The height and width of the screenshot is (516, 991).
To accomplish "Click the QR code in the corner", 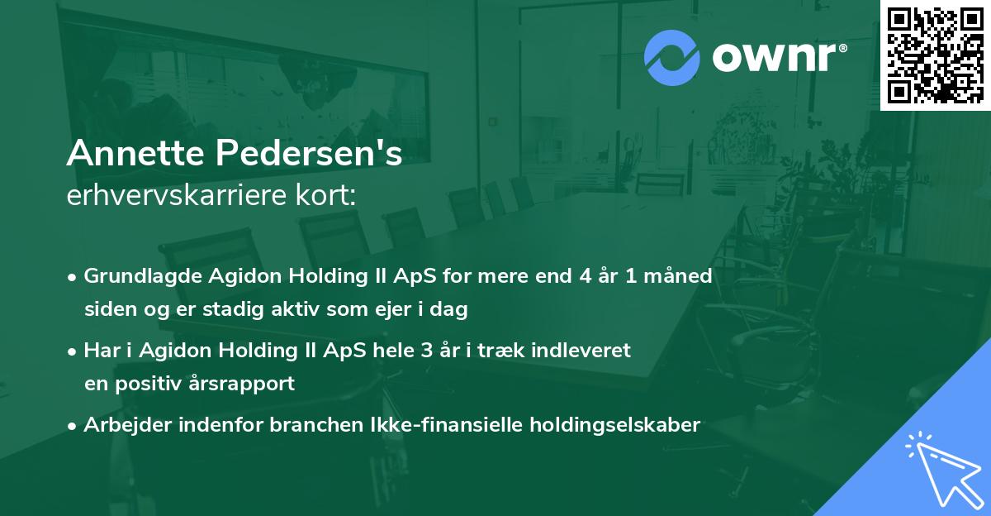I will [935, 55].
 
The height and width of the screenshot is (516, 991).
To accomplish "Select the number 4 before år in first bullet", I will [587, 275].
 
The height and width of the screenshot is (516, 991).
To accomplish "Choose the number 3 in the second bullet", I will [425, 350].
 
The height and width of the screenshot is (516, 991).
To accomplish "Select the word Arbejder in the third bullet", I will [124, 425].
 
